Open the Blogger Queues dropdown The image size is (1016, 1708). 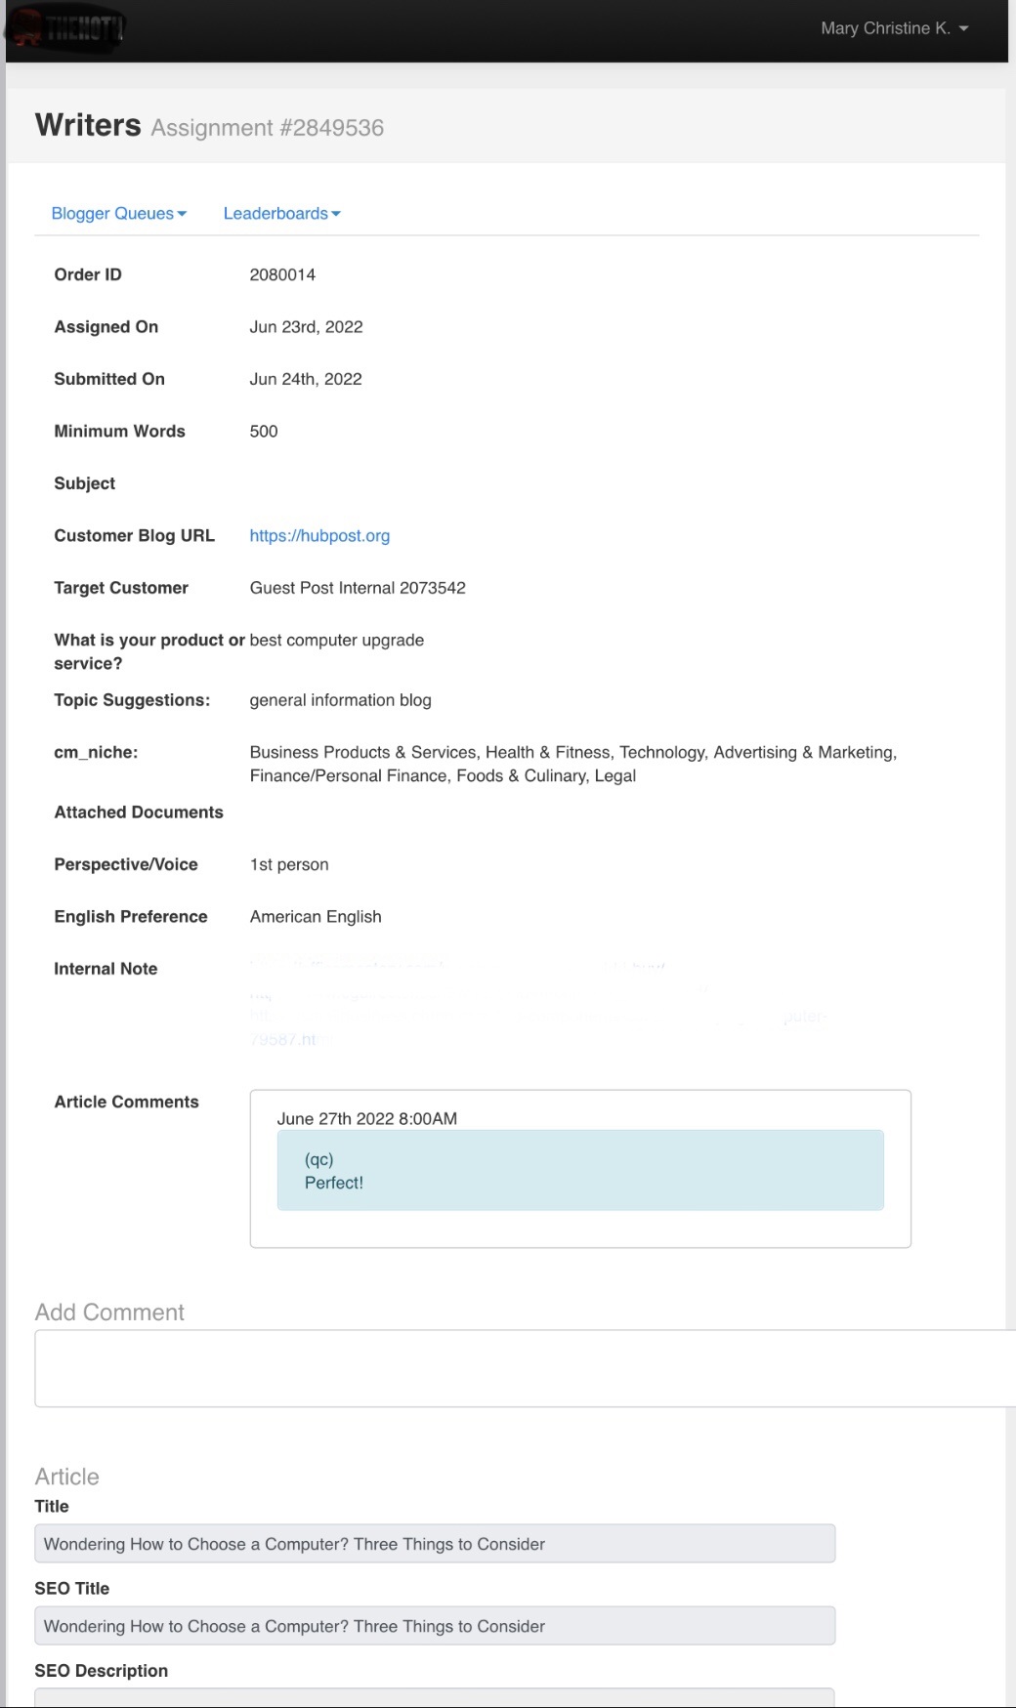pos(118,214)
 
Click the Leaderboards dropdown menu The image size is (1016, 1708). pos(281,214)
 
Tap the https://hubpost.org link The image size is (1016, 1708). pos(319,536)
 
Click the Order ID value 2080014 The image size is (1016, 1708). pos(282,275)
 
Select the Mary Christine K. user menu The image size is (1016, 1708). pos(894,28)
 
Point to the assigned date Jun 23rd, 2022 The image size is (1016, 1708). pos(306,327)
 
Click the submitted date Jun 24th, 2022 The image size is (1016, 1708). pos(305,379)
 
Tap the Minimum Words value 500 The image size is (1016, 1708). pos(264,432)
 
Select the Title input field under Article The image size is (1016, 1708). pos(435,1544)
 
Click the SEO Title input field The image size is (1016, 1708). pos(435,1626)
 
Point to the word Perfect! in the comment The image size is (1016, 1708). pos(334,1183)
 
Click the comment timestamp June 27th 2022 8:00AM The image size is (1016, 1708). pos(366,1119)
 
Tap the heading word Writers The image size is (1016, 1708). pos(88,126)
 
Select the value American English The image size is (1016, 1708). pos(316,917)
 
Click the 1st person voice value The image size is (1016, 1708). pos(289,865)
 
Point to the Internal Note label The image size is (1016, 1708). pos(106,969)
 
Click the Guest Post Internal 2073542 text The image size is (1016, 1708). pos(358,588)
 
